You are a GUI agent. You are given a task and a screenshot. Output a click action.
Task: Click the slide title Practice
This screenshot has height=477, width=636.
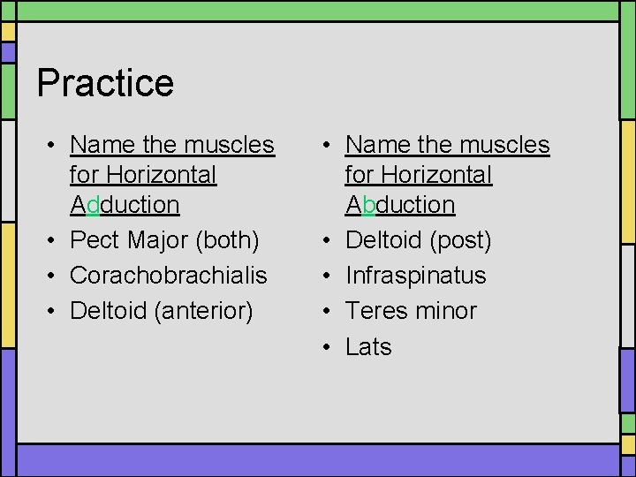pyautogui.click(x=105, y=83)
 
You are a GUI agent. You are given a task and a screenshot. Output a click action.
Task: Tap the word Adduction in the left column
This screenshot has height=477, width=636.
pyautogui.click(x=125, y=205)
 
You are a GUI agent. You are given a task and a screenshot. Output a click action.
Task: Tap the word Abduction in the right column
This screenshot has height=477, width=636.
pyautogui.click(x=400, y=205)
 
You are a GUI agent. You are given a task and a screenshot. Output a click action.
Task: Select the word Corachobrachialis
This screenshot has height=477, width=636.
pyautogui.click(x=168, y=276)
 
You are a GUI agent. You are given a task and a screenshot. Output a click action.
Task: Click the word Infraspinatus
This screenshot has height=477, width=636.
pyautogui.click(x=415, y=276)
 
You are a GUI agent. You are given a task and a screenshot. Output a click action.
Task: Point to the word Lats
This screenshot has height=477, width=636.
pyautogui.click(x=368, y=347)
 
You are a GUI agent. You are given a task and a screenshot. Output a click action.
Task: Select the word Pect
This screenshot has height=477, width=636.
pyautogui.click(x=95, y=240)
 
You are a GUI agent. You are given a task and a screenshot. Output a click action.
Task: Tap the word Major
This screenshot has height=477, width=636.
pyautogui.click(x=160, y=240)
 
